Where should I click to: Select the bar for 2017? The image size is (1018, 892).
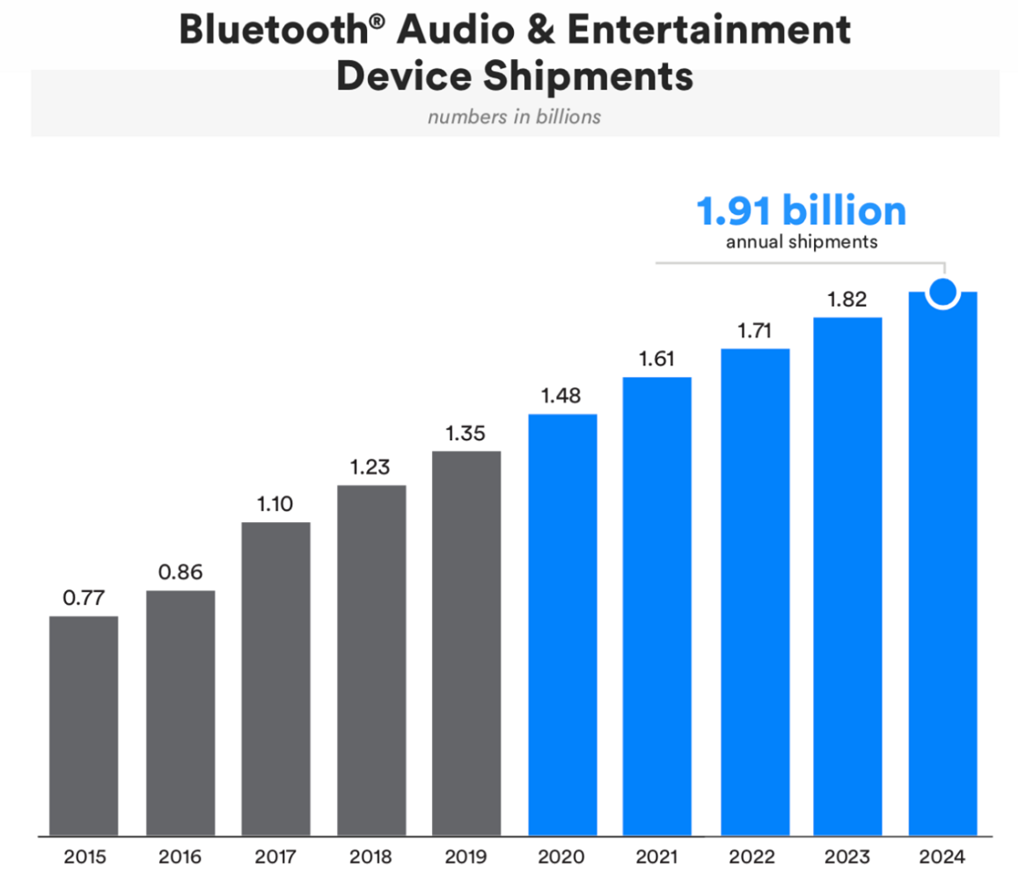coord(275,678)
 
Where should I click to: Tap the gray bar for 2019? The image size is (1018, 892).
coord(466,643)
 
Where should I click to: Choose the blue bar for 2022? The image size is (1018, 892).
coord(755,591)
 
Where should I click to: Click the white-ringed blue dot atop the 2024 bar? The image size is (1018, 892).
coord(943,292)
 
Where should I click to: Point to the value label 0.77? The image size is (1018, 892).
coord(84,598)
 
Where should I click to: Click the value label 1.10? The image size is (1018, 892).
coord(275,505)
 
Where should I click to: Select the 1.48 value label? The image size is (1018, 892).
coord(562,396)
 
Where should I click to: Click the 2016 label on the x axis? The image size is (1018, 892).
coord(180,857)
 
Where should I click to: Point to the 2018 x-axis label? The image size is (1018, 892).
coord(371,857)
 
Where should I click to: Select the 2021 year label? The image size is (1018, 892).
coord(657,857)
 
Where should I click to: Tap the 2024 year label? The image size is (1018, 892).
coord(943,857)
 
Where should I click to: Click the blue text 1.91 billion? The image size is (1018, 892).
coord(801,212)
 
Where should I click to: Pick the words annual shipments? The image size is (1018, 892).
coord(801,242)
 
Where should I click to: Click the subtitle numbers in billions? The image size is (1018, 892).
coord(515,116)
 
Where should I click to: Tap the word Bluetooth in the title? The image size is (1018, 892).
coord(273,31)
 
